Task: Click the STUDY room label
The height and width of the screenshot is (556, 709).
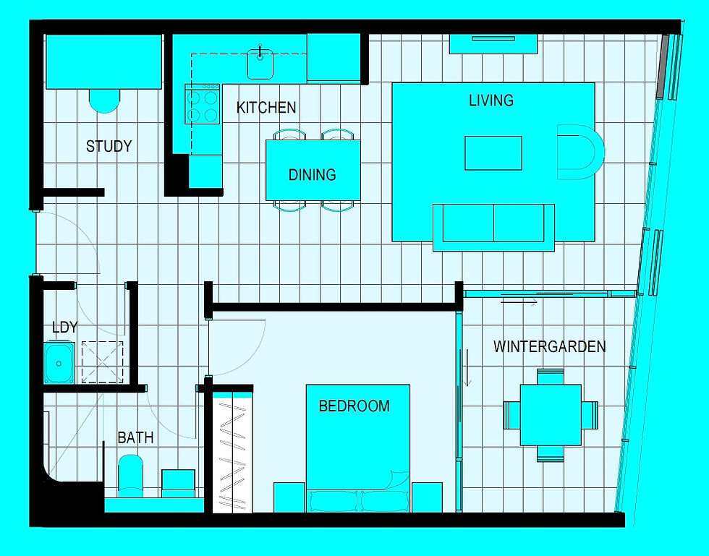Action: (x=109, y=146)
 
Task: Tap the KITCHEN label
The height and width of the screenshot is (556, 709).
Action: (x=266, y=108)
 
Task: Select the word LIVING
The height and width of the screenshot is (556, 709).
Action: (x=491, y=100)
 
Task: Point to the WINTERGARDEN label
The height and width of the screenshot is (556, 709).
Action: (x=549, y=346)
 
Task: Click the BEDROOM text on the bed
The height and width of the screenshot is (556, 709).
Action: (x=354, y=406)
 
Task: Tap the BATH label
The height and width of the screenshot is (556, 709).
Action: (x=135, y=437)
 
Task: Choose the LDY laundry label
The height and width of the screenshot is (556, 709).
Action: (x=64, y=328)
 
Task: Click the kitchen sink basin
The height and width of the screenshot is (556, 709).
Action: (x=260, y=64)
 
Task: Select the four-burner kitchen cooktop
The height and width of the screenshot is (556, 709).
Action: (x=203, y=104)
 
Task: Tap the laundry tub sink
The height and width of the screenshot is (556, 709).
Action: (x=59, y=363)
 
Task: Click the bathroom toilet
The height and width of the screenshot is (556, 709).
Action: (x=131, y=476)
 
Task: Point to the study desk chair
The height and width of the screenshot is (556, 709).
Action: (x=104, y=100)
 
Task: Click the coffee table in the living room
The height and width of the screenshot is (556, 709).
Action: (x=493, y=153)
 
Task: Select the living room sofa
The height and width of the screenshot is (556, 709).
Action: (x=493, y=227)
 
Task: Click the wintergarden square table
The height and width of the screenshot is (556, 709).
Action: (x=551, y=415)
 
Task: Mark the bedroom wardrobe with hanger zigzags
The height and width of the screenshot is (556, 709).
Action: (x=232, y=452)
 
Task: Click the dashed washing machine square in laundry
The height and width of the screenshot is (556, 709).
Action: (x=102, y=362)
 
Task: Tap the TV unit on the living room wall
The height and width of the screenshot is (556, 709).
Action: (x=493, y=44)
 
